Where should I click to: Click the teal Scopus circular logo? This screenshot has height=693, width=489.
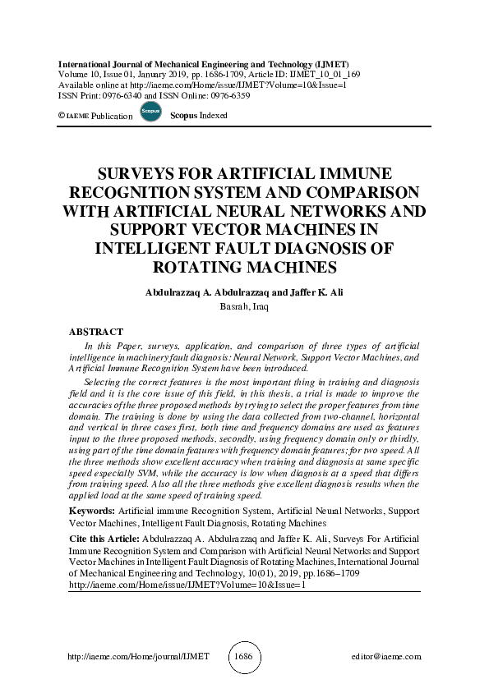pos(150,112)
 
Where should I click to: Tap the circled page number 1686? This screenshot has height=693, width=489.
pos(244,657)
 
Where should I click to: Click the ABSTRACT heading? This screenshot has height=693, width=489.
pos(95,332)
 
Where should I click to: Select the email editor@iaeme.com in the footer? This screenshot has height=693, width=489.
pos(385,657)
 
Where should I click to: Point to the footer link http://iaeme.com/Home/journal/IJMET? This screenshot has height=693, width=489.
pos(137,657)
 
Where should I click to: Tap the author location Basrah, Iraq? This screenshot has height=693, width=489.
pos(244,306)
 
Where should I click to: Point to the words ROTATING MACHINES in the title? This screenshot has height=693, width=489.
pos(244,267)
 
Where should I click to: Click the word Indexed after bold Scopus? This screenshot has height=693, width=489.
pos(213,116)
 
